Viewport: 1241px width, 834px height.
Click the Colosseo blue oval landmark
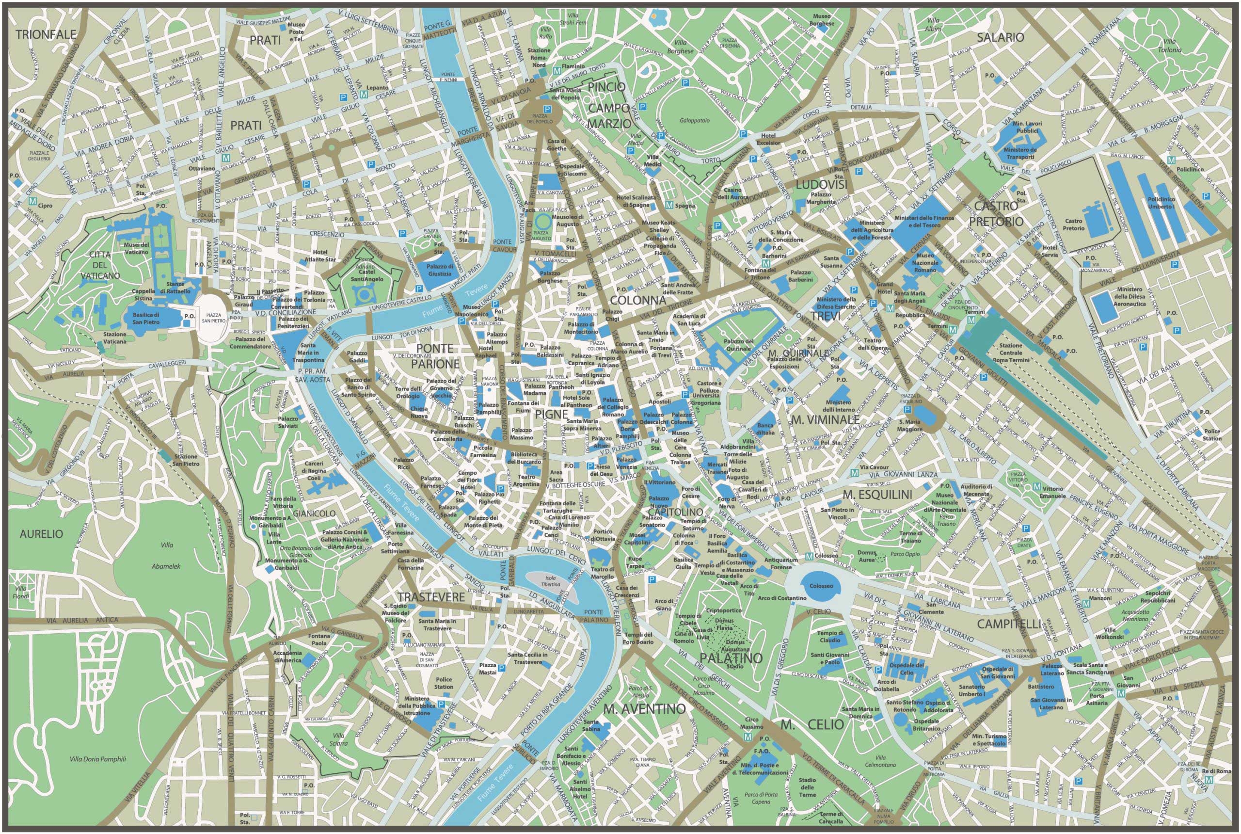821,586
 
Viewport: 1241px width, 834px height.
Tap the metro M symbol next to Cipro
33,202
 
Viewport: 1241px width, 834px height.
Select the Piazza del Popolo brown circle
540,115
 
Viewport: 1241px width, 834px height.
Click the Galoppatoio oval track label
694,121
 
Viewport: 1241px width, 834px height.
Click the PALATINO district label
731,658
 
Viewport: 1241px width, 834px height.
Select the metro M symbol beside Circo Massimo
748,737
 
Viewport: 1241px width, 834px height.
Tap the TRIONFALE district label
46,35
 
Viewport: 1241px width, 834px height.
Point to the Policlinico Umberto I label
1161,203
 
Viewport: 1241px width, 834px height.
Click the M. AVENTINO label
644,709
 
